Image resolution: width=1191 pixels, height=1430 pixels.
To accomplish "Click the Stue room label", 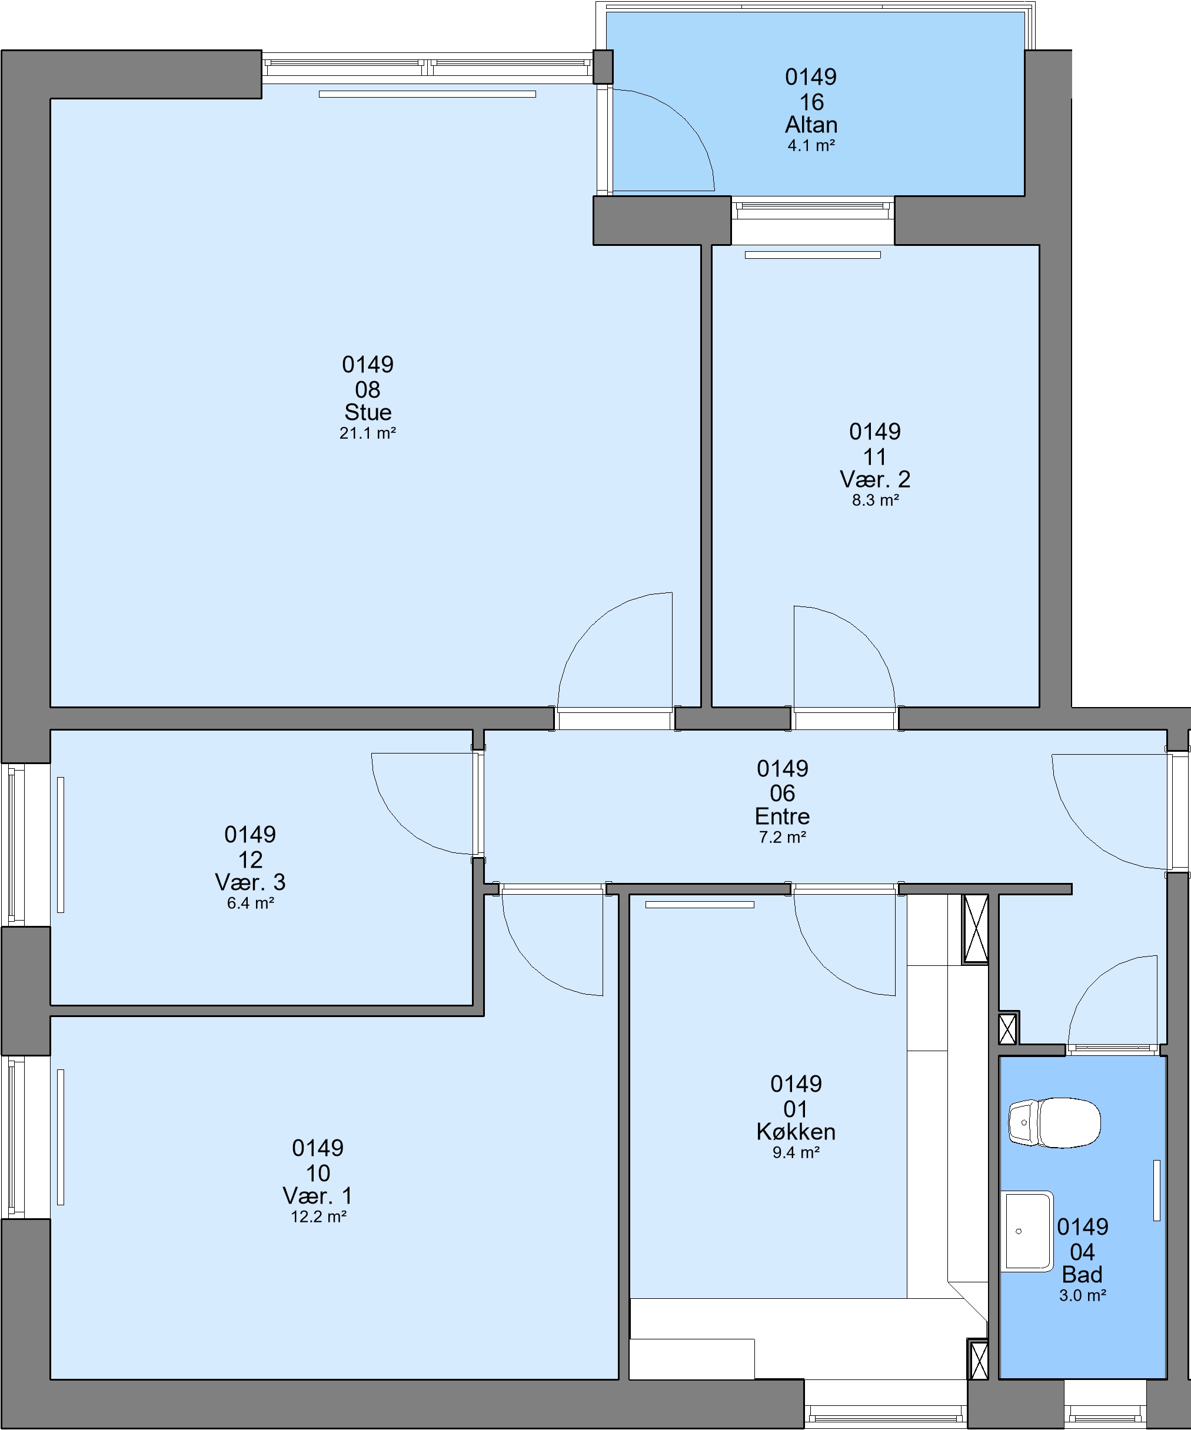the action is tap(368, 412).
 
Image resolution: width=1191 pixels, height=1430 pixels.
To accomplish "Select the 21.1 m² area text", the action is tap(368, 433).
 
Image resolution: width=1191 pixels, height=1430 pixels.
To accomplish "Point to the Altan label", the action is tap(811, 125).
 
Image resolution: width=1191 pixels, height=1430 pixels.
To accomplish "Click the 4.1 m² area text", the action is tap(811, 145).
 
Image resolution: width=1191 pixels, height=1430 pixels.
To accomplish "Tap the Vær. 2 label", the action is tap(875, 479).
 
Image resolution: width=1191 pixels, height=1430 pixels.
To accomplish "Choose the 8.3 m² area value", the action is tap(875, 501).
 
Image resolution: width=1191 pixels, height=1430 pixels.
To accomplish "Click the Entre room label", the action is tap(782, 816).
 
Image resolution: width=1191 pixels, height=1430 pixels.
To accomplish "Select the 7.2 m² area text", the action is tap(782, 837).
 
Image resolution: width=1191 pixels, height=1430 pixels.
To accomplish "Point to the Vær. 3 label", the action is tap(250, 882).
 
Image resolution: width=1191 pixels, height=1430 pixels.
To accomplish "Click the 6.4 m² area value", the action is tap(250, 903).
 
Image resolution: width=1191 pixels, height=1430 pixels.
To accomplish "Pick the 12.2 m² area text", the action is tap(318, 1216).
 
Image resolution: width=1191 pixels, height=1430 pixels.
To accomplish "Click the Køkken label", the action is tap(796, 1131).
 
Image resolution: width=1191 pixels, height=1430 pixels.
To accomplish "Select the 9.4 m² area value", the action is tap(796, 1152).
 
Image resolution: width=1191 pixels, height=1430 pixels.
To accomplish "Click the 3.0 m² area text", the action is tap(1082, 1295).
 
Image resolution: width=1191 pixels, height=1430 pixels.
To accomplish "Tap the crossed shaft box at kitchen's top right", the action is tap(975, 929).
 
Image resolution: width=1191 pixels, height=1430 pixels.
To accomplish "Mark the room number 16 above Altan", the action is tap(811, 102).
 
